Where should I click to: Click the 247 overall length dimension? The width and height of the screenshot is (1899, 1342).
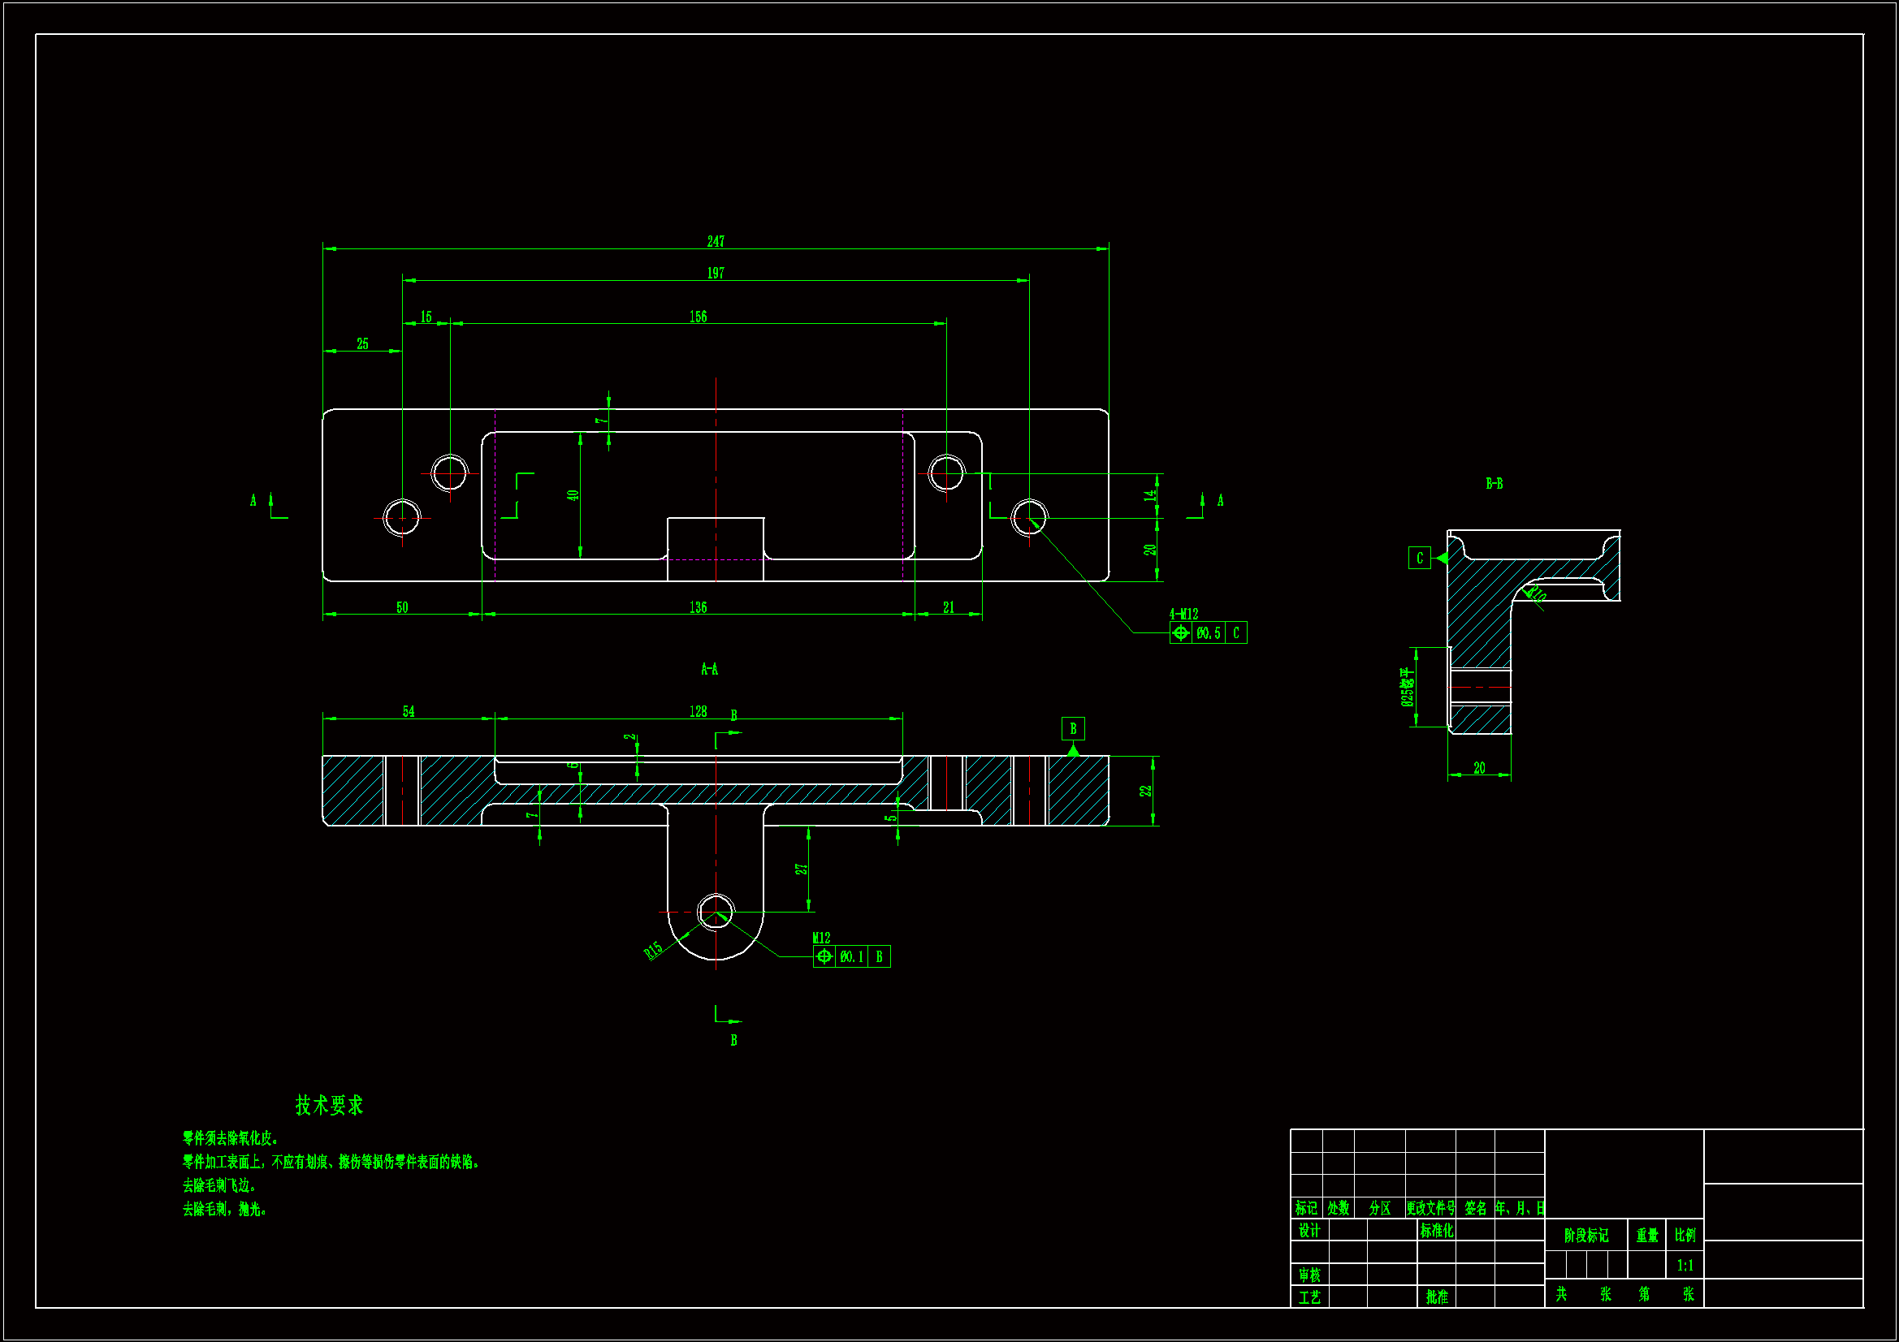pyautogui.click(x=716, y=241)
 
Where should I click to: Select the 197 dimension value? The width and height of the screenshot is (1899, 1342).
pyautogui.click(x=716, y=273)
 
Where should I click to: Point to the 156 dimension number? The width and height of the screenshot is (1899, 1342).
pyautogui.click(x=698, y=317)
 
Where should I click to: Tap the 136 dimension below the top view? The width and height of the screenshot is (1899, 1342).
pyautogui.click(x=698, y=608)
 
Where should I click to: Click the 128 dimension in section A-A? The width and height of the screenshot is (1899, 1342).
pyautogui.click(x=698, y=712)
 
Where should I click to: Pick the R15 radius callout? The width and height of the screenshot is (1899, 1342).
pyautogui.click(x=653, y=951)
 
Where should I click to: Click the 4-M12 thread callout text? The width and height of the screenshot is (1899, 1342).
pyautogui.click(x=1183, y=615)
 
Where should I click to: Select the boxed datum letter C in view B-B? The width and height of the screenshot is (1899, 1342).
pyautogui.click(x=1419, y=558)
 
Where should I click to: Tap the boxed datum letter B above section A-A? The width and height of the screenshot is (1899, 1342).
pyautogui.click(x=1073, y=728)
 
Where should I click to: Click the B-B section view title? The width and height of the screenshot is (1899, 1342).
pyautogui.click(x=1494, y=484)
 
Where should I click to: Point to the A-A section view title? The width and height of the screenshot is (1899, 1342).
pyautogui.click(x=709, y=669)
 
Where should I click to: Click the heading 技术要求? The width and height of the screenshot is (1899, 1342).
pyautogui.click(x=329, y=1106)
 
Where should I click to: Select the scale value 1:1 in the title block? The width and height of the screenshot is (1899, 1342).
pyautogui.click(x=1685, y=1265)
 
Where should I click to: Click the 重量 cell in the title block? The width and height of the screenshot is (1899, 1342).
pyautogui.click(x=1646, y=1236)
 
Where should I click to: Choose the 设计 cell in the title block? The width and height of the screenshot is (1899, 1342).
pyautogui.click(x=1309, y=1231)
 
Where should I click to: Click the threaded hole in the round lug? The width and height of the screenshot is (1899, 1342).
pyautogui.click(x=716, y=912)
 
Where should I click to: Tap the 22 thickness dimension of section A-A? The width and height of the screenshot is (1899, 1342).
pyautogui.click(x=1145, y=791)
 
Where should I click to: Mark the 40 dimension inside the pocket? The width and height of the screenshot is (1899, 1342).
pyautogui.click(x=573, y=495)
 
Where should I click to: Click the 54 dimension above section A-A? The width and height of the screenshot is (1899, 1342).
pyautogui.click(x=409, y=712)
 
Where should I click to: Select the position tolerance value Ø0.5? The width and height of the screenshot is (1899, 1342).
pyautogui.click(x=1209, y=633)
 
